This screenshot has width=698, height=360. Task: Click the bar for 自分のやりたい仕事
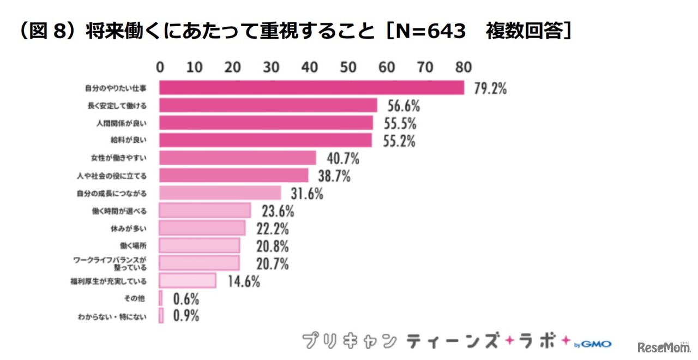point(311,88)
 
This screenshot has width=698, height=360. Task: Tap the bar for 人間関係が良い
point(266,123)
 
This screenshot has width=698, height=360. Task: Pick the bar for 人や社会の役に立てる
point(234,176)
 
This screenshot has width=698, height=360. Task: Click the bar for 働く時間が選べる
point(205,211)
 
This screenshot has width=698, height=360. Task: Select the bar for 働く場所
point(200,245)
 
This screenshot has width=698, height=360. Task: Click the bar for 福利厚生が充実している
point(188,281)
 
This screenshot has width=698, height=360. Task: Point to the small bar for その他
point(161,298)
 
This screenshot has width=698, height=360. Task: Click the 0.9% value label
point(186,316)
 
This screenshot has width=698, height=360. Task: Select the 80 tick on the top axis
point(464,67)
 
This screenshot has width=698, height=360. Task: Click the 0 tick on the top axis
point(160,67)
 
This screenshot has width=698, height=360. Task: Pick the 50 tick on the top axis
point(348,67)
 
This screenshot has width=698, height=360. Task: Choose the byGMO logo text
point(593,344)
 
